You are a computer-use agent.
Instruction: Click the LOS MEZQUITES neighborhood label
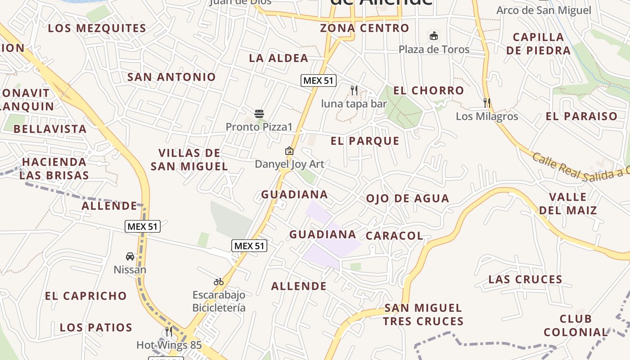pos(97,28)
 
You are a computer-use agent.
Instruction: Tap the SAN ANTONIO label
pos(171,77)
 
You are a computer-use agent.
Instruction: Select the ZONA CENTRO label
pos(364,28)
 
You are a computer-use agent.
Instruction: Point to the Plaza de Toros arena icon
pos(434,36)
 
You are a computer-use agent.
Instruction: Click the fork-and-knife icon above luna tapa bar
pos(354,90)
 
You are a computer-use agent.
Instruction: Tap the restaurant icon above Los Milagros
pos(487,103)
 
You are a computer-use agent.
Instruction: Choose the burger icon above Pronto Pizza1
pos(259,113)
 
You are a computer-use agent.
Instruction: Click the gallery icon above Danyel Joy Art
pos(289,151)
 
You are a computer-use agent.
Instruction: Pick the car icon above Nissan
pos(130,256)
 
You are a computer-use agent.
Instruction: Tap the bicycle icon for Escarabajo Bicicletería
pos(219,282)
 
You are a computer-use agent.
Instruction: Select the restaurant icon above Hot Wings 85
pos(169,332)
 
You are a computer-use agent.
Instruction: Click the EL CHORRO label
pos(428,90)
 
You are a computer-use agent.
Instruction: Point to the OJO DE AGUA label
pos(407,198)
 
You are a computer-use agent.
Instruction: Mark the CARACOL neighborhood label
pos(394,236)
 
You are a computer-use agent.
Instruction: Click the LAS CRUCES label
pos(525,279)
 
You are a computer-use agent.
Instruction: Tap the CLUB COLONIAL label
pos(576,326)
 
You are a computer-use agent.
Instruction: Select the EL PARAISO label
pos(581,117)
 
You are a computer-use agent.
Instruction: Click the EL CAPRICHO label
pos(85,296)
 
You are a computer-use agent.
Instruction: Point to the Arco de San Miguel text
pos(544,10)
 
